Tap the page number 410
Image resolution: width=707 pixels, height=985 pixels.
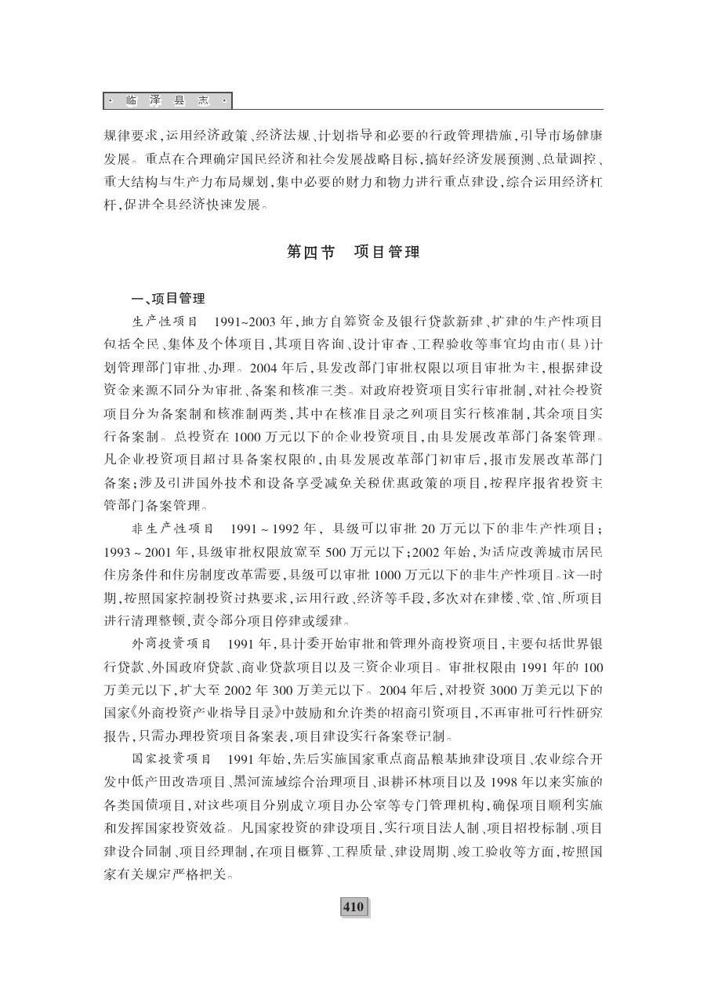353,907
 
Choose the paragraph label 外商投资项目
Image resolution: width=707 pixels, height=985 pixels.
170,645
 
